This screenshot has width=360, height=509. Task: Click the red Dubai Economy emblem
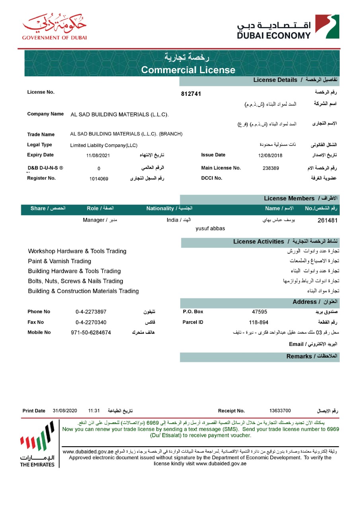(327, 26)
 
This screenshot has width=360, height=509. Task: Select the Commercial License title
(188, 70)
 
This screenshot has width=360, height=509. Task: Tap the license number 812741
(191, 94)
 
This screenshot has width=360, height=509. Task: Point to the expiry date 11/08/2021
(98, 155)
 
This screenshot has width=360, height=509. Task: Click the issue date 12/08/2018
(270, 155)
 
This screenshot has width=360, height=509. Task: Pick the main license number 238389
(271, 168)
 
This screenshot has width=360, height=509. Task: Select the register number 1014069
(99, 179)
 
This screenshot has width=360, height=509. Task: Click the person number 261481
(328, 220)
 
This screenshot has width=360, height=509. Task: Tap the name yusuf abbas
(210, 229)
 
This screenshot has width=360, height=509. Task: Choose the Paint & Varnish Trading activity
(60, 261)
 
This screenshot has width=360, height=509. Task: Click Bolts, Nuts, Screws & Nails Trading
(76, 281)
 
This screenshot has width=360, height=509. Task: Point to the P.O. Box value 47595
(259, 312)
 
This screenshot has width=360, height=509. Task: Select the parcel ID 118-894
(259, 322)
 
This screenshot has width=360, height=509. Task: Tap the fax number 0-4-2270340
(91, 322)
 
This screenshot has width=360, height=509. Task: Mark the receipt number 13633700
(280, 411)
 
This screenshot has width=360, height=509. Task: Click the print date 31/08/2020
(64, 411)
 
